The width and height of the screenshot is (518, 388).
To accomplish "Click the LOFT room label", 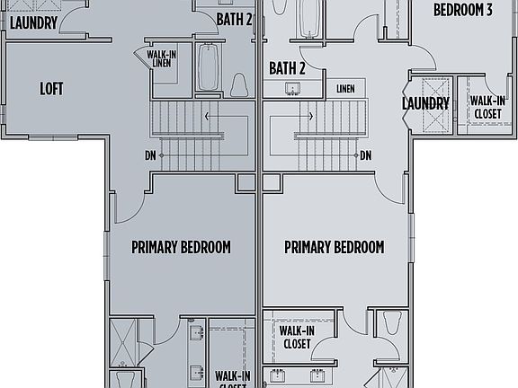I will (x=51, y=89).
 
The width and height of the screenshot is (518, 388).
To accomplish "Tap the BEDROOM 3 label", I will (x=462, y=11).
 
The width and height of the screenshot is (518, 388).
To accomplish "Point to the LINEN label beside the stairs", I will (x=345, y=88).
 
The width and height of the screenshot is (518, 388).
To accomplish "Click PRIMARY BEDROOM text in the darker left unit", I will (x=181, y=247).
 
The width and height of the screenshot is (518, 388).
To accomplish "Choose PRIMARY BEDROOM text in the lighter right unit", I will (x=334, y=247).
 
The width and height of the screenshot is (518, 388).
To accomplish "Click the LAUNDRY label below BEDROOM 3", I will (x=425, y=104).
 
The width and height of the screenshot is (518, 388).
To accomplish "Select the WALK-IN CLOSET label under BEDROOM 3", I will (x=487, y=108).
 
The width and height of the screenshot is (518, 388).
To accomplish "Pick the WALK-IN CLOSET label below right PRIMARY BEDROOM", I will (x=296, y=337).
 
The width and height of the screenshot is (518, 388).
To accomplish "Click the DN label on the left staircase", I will (x=149, y=154).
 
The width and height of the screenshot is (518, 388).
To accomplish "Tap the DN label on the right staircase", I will (x=366, y=154).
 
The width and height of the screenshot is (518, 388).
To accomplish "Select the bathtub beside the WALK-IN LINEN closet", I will (x=208, y=67).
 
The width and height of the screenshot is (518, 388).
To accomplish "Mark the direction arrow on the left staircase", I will (x=210, y=116).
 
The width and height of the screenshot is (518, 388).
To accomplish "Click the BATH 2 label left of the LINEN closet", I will (x=287, y=68).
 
